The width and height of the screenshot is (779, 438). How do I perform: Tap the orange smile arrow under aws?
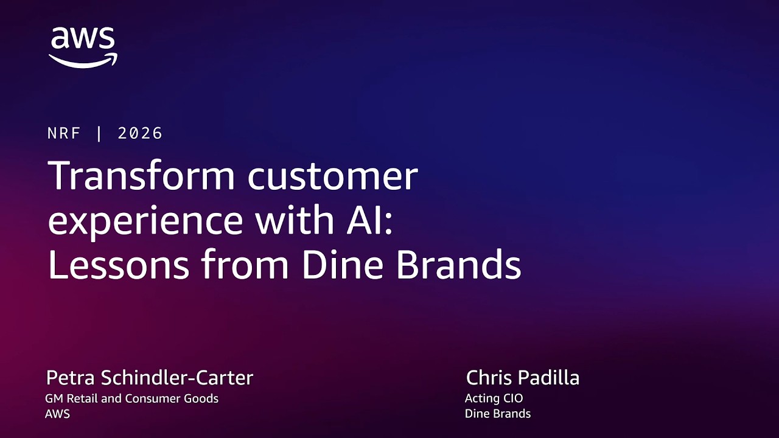[x=83, y=60]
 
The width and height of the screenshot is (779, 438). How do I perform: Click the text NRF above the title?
[x=64, y=134]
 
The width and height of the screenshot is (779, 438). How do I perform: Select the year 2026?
[x=141, y=134]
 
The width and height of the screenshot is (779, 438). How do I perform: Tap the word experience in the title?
[x=145, y=221]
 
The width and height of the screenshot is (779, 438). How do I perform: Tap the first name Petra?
[x=71, y=378]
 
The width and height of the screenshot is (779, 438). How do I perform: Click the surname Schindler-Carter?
[x=177, y=378]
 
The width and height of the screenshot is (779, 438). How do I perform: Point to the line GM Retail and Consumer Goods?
[x=131, y=399]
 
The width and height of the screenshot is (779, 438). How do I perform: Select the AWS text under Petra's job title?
[x=57, y=414]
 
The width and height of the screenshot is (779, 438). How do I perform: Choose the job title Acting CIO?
[x=494, y=399]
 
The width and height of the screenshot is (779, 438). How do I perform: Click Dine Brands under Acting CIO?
[x=498, y=414]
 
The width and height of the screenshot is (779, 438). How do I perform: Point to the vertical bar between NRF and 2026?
[x=99, y=134]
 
